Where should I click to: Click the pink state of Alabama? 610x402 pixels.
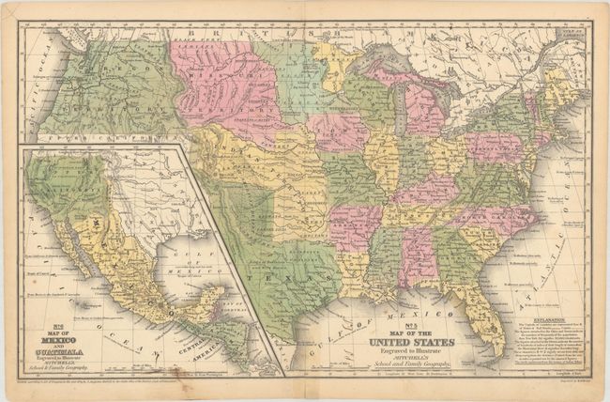[416, 254]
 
